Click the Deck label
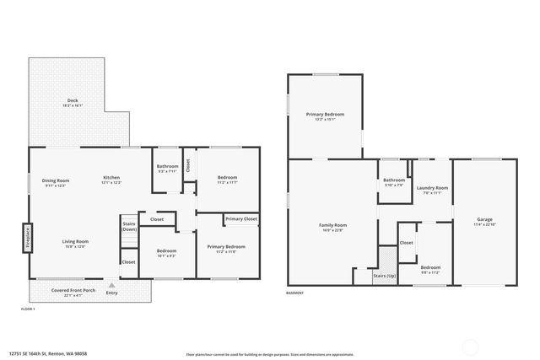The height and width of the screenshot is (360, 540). pyautogui.click(x=73, y=101)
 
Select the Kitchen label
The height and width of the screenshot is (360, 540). pyautogui.click(x=112, y=177)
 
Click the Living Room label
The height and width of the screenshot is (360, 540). pyautogui.click(x=75, y=241)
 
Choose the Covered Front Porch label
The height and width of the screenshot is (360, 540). pyautogui.click(x=72, y=290)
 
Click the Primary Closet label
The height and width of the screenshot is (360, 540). pyautogui.click(x=241, y=219)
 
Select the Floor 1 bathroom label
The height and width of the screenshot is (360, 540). pyautogui.click(x=167, y=167)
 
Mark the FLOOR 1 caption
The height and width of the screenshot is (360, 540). pyautogui.click(x=27, y=310)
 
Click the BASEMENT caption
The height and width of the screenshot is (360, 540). pyautogui.click(x=294, y=293)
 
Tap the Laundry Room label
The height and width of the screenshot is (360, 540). pyautogui.click(x=431, y=188)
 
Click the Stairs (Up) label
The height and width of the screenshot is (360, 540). pyautogui.click(x=385, y=276)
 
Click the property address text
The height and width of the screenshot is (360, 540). pyautogui.click(x=48, y=353)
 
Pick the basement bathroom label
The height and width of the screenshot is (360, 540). pyautogui.click(x=394, y=180)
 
